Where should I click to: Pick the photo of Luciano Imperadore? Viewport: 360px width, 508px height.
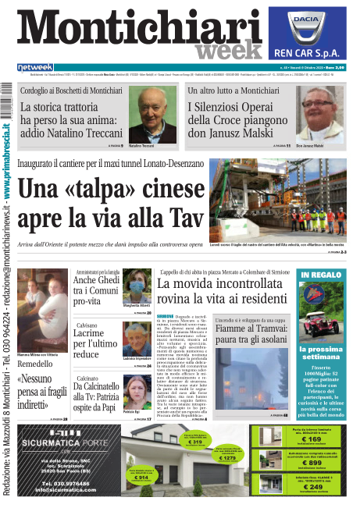[137, 340]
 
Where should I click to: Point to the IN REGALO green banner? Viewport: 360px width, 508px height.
[319, 275]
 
